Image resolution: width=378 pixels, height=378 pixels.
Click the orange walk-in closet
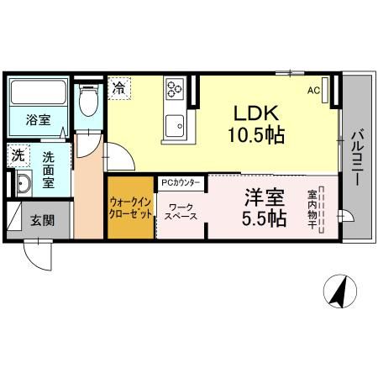point(130,207)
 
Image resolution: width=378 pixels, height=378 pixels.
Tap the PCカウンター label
point(181,181)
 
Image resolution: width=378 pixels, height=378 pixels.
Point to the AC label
point(312,91)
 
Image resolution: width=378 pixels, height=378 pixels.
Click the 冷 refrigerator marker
point(120,87)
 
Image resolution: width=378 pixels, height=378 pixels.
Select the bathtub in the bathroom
point(38,92)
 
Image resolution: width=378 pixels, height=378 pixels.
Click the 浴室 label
point(37,120)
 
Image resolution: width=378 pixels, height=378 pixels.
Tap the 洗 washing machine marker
point(18,155)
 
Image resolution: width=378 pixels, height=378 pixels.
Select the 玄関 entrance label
point(43,221)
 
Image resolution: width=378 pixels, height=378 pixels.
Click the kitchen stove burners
point(176,87)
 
